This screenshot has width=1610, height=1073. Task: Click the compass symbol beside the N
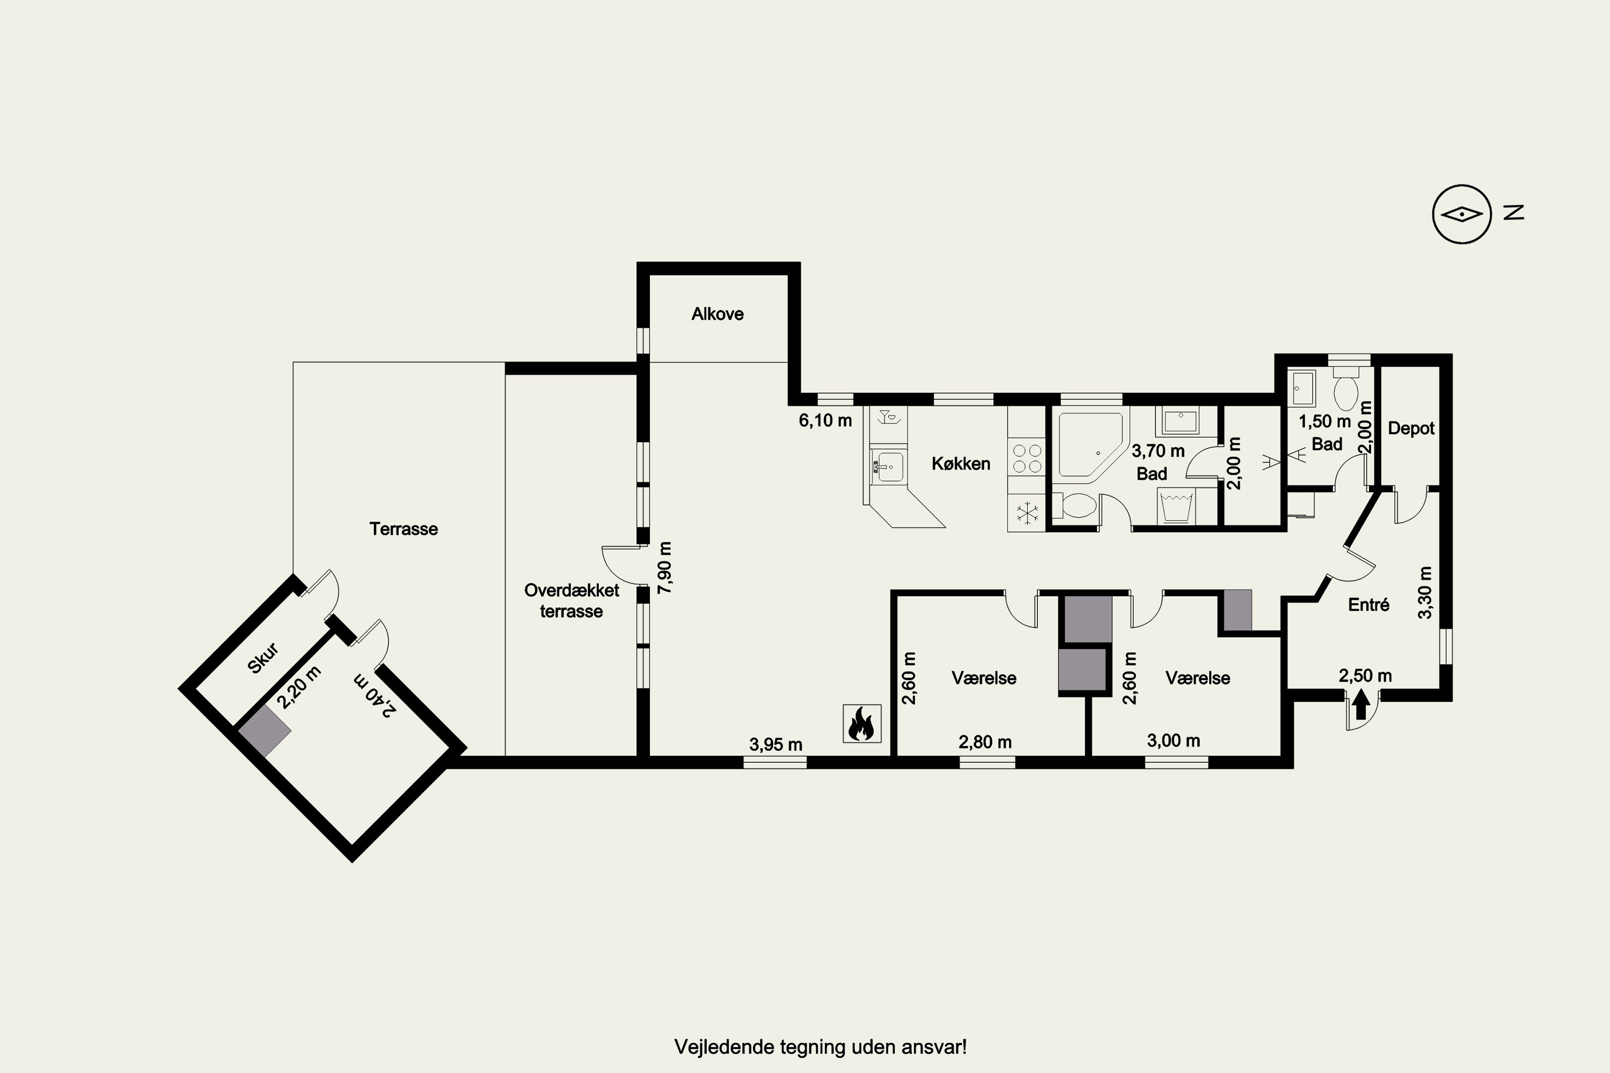(1461, 214)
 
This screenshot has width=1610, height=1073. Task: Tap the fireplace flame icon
(862, 724)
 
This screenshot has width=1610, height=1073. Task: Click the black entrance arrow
(1361, 703)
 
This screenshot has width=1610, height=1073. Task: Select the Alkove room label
(718, 314)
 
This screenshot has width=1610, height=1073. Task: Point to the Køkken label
(961, 464)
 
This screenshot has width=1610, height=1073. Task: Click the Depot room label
(1411, 428)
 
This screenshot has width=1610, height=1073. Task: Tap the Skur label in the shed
(263, 658)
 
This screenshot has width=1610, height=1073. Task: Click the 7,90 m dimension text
(665, 567)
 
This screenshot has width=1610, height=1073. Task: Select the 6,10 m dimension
(825, 420)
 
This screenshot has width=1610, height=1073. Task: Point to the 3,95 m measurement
(775, 745)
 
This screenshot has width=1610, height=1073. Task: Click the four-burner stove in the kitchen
(1027, 459)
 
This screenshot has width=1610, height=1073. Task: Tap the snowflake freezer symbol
(1027, 513)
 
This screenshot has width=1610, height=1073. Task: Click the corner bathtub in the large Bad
(1091, 445)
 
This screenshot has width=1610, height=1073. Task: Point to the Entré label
(1368, 605)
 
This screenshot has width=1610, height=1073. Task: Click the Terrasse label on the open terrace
(404, 529)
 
